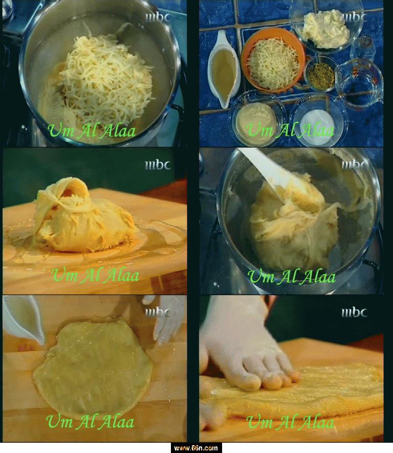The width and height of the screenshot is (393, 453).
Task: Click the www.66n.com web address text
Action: point(196,448)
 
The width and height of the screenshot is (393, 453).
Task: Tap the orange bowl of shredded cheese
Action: point(273,60)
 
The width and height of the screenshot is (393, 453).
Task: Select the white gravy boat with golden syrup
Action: point(223,70)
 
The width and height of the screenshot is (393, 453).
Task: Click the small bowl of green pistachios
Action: point(320,74)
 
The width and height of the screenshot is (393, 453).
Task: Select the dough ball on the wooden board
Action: point(83,216)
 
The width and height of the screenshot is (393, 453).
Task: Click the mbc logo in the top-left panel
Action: point(158,17)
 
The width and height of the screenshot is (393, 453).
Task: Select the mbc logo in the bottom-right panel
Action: point(354,313)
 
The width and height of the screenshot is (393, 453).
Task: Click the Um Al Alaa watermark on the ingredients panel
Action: point(290,130)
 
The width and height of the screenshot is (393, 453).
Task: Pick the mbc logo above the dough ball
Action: point(158,165)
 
